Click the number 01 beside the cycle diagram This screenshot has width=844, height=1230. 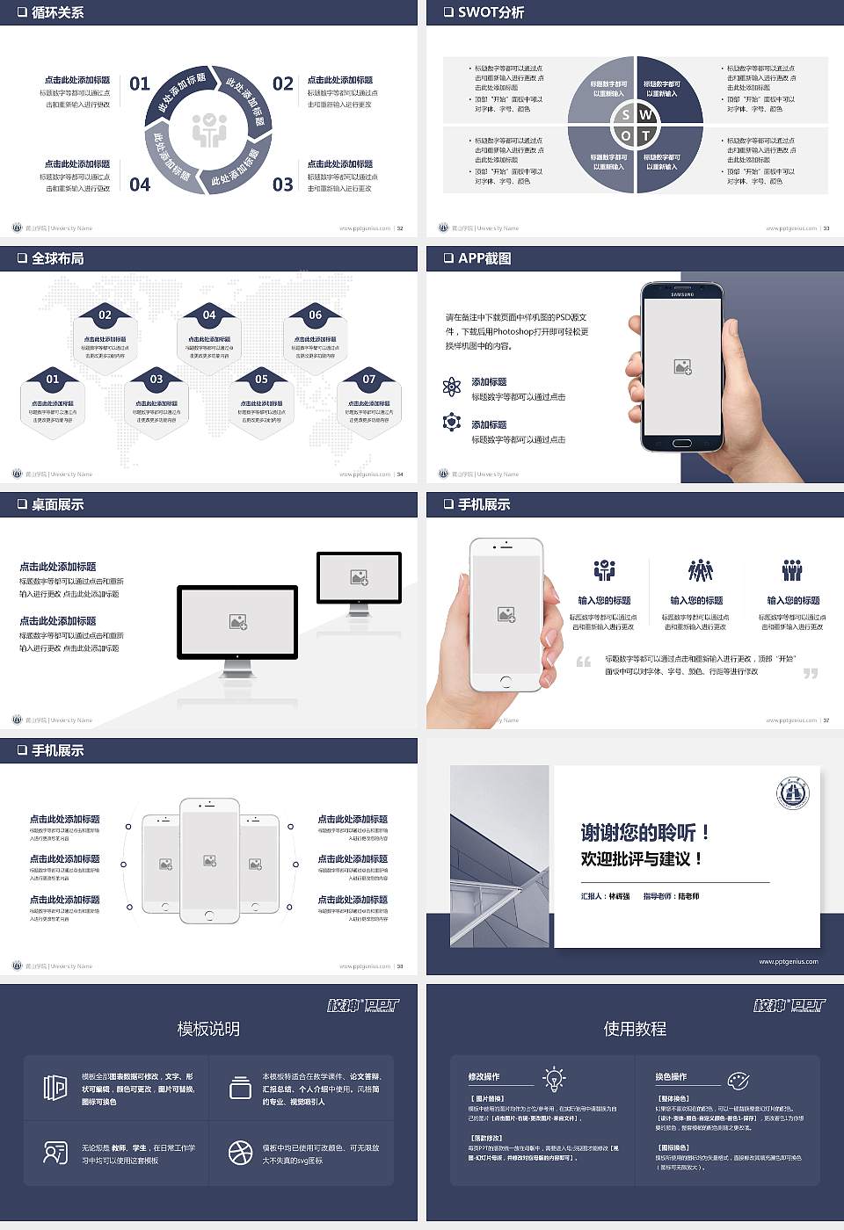tap(140, 83)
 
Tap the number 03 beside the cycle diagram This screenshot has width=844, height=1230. tap(282, 184)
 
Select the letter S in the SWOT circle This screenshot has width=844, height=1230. tap(626, 114)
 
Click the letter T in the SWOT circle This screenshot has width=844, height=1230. tap(645, 135)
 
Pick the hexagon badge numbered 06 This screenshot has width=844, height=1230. tap(315, 315)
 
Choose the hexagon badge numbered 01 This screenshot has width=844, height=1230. tap(53, 380)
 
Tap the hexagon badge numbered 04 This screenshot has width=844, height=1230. tap(209, 315)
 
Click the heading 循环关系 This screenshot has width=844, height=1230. tap(57, 12)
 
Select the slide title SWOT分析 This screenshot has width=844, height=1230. tap(491, 12)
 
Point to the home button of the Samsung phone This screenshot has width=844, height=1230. tap(682, 444)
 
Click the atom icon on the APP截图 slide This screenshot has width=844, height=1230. tap(452, 387)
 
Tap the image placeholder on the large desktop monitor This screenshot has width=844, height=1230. tap(237, 622)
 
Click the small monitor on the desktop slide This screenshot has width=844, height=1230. tap(359, 580)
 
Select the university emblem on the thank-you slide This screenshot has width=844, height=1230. tap(793, 793)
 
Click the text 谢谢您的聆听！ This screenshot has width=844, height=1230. tap(644, 832)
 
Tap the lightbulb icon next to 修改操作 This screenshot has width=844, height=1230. tap(554, 1078)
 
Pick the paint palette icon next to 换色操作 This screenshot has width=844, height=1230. tap(738, 1080)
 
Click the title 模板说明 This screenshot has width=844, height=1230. tap(208, 1029)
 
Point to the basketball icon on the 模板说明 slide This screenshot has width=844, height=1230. tap(240, 1153)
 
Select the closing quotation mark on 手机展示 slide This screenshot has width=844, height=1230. tap(810, 673)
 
